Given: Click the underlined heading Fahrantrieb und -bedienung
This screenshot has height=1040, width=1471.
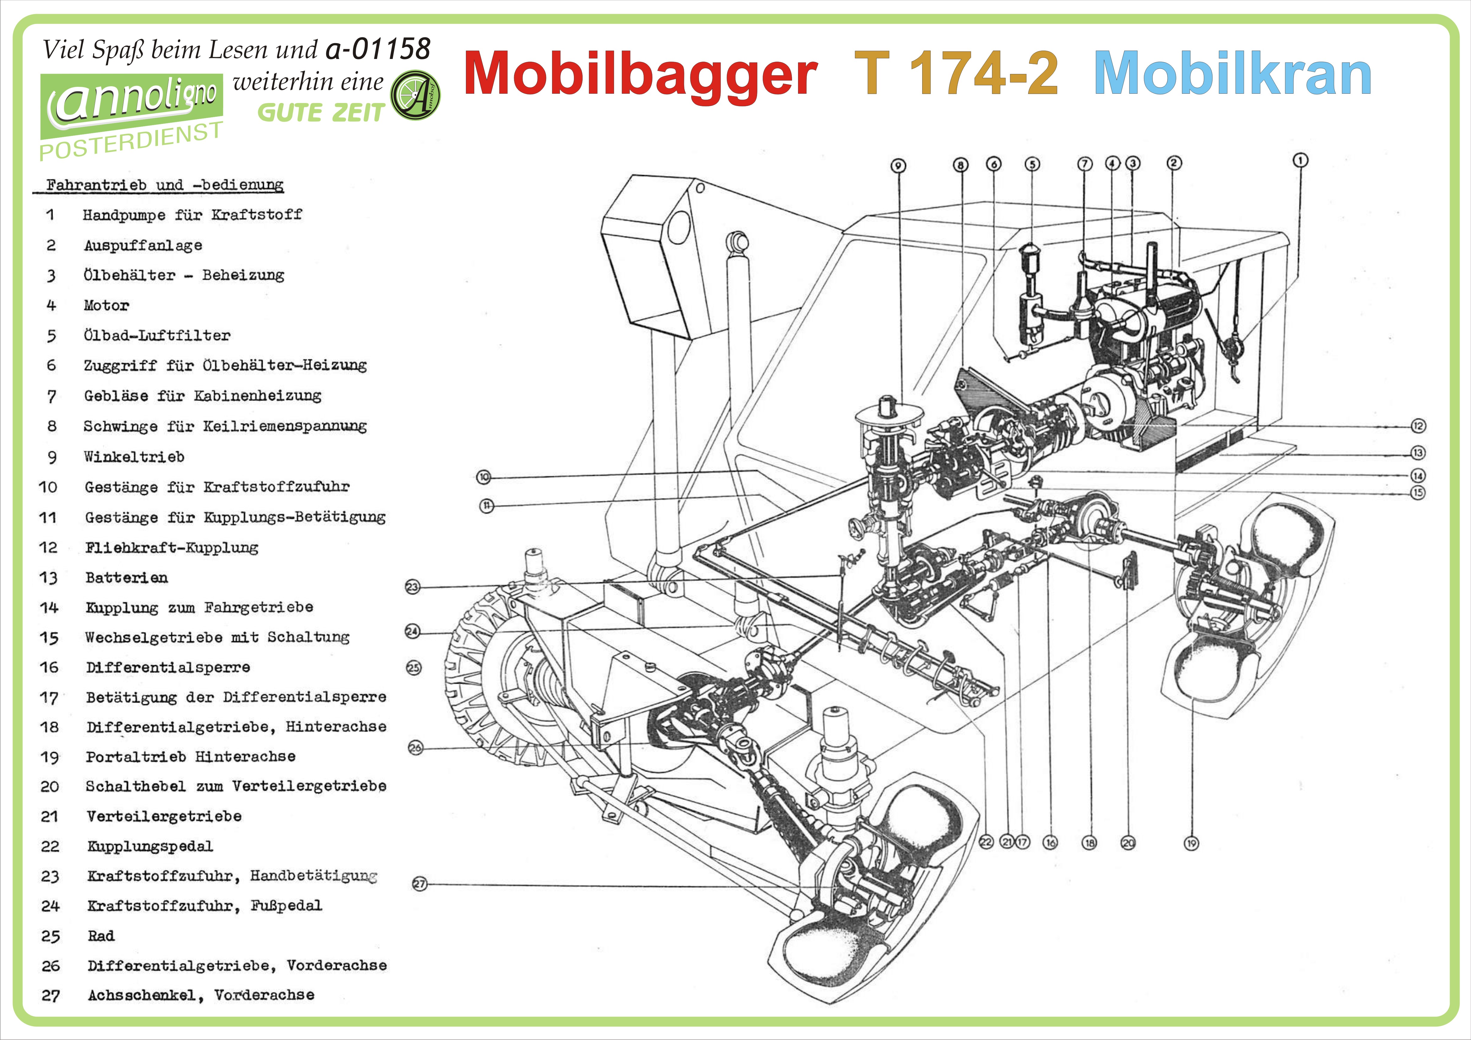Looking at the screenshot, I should pyautogui.click(x=165, y=185).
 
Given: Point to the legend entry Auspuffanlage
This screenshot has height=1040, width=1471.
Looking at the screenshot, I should pyautogui.click(x=143, y=245).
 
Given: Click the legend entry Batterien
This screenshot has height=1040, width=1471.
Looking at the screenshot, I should pyautogui.click(x=126, y=577).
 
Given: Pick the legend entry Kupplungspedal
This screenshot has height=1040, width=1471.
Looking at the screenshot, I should pyautogui.click(x=150, y=847).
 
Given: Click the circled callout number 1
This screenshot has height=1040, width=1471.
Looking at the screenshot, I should pyautogui.click(x=1300, y=160).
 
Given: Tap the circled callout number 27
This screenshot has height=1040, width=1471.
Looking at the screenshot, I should pyautogui.click(x=419, y=884).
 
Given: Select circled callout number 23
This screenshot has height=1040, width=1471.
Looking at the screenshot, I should pyautogui.click(x=413, y=586).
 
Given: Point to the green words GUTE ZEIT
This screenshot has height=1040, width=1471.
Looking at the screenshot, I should pyautogui.click(x=320, y=113).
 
